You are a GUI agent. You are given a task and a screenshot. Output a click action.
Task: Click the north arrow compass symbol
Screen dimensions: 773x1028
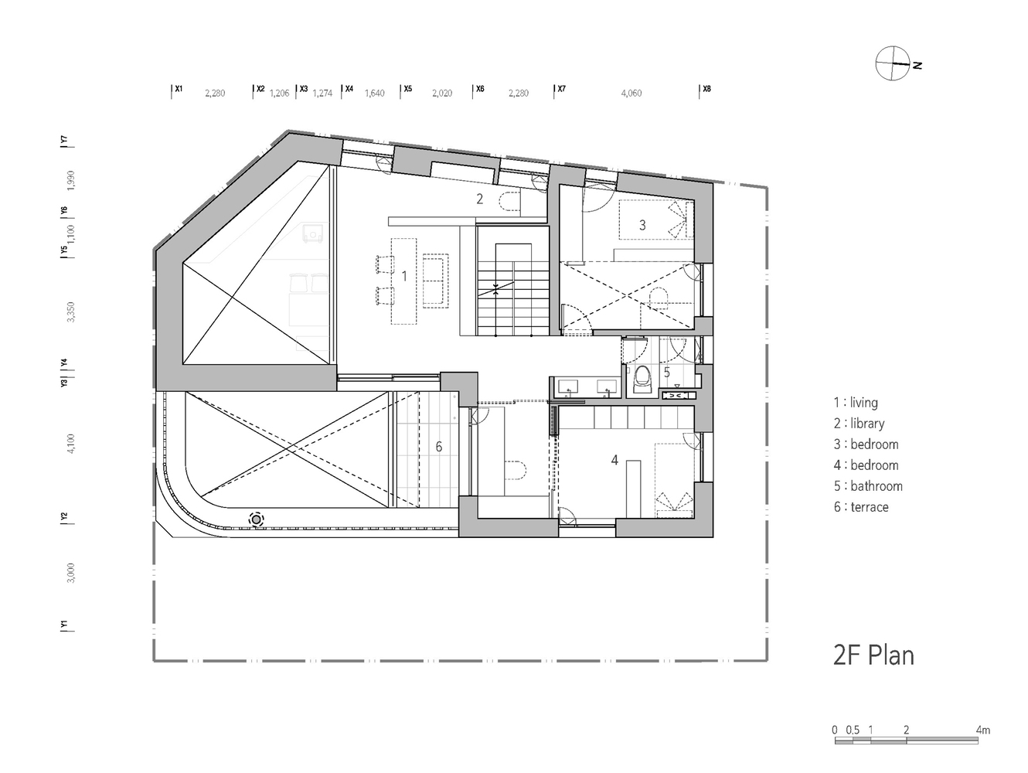coord(893,63)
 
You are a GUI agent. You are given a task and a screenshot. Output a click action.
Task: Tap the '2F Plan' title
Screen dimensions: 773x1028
coord(873,655)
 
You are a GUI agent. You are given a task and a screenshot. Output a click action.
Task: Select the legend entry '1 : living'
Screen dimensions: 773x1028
coord(856,402)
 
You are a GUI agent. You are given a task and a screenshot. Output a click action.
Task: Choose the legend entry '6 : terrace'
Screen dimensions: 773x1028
coord(861,507)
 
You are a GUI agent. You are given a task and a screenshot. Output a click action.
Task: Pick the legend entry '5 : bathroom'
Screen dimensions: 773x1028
coord(868,486)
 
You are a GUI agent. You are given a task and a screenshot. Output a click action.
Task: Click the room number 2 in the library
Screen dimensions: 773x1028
coord(479,199)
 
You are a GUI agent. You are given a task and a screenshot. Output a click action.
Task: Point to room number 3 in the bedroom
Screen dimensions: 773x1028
coord(642,225)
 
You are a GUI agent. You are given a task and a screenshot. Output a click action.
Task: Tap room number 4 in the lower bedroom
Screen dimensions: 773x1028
coord(614,460)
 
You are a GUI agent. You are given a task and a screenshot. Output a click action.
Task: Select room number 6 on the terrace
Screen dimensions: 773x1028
coord(438,447)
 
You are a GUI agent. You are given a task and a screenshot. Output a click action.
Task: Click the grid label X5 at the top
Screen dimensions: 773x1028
coord(407,89)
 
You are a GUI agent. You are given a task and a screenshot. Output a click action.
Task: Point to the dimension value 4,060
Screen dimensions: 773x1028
coord(631,94)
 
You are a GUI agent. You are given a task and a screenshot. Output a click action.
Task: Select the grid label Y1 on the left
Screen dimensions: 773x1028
coord(65,625)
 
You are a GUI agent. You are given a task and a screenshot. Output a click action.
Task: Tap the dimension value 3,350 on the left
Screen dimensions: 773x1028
coord(71,312)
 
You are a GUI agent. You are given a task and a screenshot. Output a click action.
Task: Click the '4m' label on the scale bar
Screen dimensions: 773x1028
coord(982,730)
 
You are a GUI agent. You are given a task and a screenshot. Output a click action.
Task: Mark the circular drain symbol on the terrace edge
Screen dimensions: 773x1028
coord(256,520)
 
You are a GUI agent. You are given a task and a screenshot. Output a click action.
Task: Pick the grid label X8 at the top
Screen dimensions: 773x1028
coord(706,89)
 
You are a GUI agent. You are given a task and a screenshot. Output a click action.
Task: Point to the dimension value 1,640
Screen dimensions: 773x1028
coord(374,94)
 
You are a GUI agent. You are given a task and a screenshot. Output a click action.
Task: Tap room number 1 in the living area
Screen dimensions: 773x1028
coord(403,275)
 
